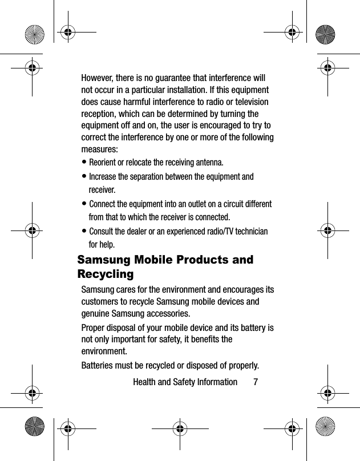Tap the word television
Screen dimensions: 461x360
(x=249, y=102)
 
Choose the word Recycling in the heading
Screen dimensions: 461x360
(x=106, y=274)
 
